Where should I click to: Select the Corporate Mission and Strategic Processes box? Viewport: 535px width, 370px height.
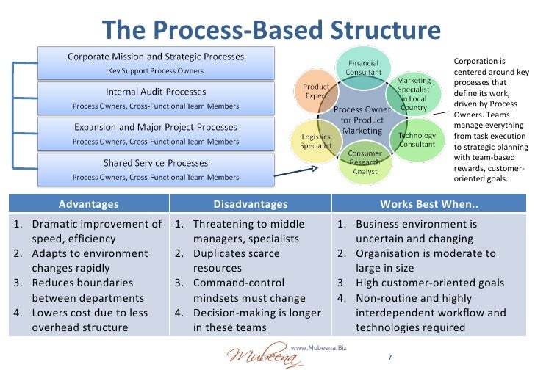click(156, 63)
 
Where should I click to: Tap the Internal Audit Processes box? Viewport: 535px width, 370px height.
click(156, 98)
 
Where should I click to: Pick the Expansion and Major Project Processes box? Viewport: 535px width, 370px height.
click(156, 134)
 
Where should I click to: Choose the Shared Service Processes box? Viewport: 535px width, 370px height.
click(156, 169)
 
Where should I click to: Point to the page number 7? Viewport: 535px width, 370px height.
click(390, 358)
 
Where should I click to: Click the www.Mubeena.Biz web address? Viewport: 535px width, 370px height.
click(319, 345)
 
